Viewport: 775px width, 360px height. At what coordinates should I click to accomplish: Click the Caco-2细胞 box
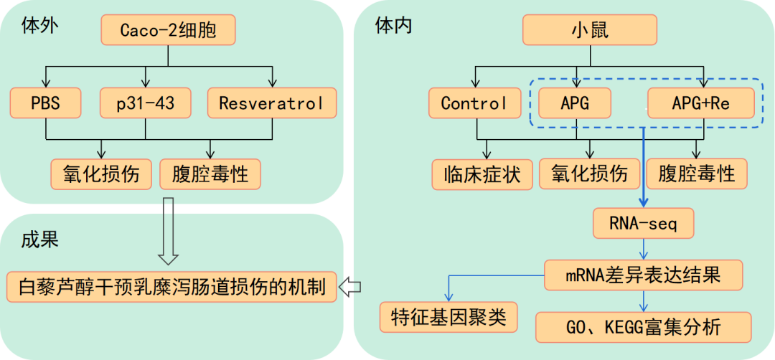pyautogui.click(x=168, y=30)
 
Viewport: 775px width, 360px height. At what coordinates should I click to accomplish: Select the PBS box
pyautogui.click(x=46, y=103)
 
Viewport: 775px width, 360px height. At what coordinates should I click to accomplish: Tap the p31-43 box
pyautogui.click(x=146, y=103)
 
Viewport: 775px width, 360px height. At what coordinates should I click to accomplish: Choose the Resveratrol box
pyautogui.click(x=272, y=103)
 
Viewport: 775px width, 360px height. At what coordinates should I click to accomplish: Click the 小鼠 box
pyautogui.click(x=588, y=30)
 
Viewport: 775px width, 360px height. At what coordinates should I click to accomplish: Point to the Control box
pyautogui.click(x=474, y=103)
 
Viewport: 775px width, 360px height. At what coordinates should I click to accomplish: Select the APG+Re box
pyautogui.click(x=700, y=103)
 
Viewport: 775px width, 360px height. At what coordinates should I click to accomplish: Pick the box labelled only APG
pyautogui.click(x=575, y=103)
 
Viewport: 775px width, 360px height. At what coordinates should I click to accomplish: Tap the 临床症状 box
pyautogui.click(x=482, y=174)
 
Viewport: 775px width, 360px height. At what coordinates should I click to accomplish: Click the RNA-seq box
pyautogui.click(x=644, y=224)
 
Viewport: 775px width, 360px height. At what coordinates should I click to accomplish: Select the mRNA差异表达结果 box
pyautogui.click(x=644, y=274)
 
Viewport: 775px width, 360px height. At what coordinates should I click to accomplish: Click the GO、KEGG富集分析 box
pyautogui.click(x=644, y=327)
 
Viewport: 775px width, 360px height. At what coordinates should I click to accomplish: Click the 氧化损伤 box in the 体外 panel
pyautogui.click(x=100, y=174)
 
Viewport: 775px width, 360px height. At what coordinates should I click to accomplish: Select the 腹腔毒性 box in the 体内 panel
pyautogui.click(x=697, y=174)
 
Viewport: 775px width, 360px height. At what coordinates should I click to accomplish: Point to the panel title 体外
pyautogui.click(x=40, y=27)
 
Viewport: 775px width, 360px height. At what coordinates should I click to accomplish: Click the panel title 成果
pyautogui.click(x=40, y=239)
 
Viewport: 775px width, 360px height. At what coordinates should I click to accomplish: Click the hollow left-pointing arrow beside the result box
pyautogui.click(x=349, y=287)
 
